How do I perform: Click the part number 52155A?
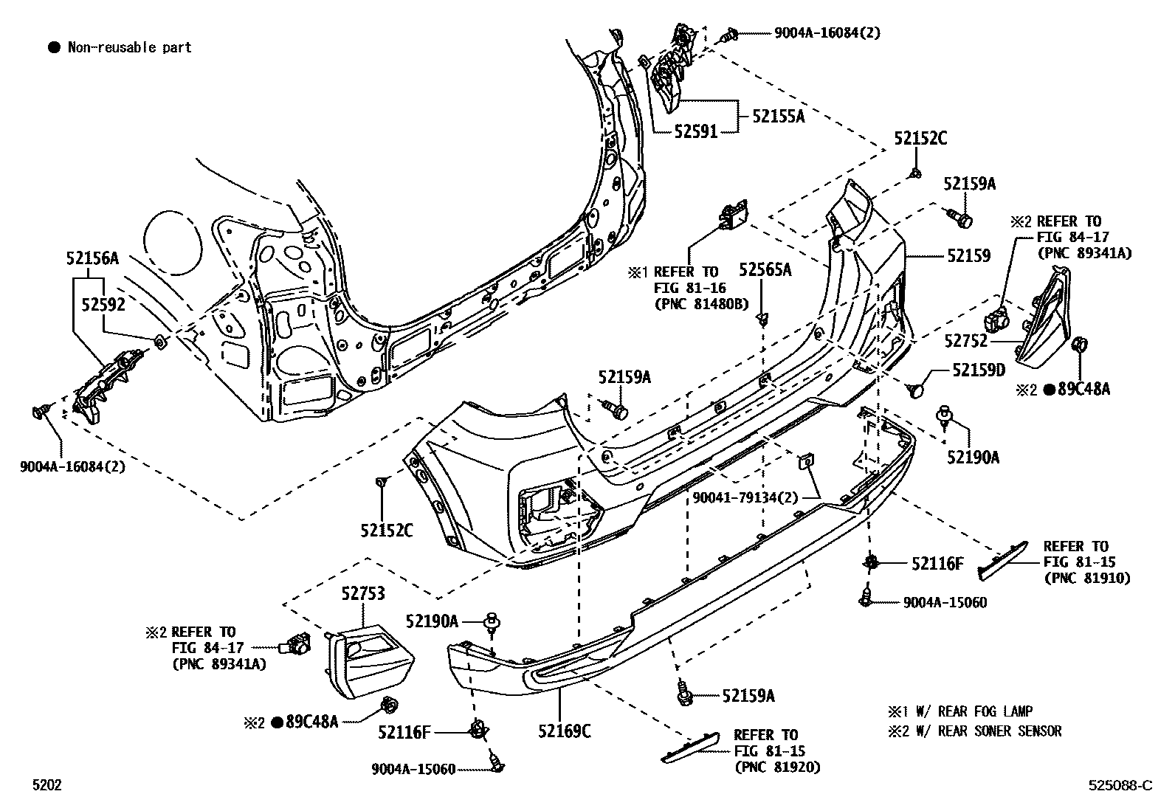tap(779, 116)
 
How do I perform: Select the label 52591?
tap(695, 132)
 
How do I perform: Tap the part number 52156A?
tap(92, 258)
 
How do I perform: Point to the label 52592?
tap(103, 304)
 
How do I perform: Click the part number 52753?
tap(363, 593)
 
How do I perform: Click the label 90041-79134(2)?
tap(745, 498)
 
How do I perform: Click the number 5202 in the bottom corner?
tap(46, 786)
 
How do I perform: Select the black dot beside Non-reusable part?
tap(53, 48)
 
